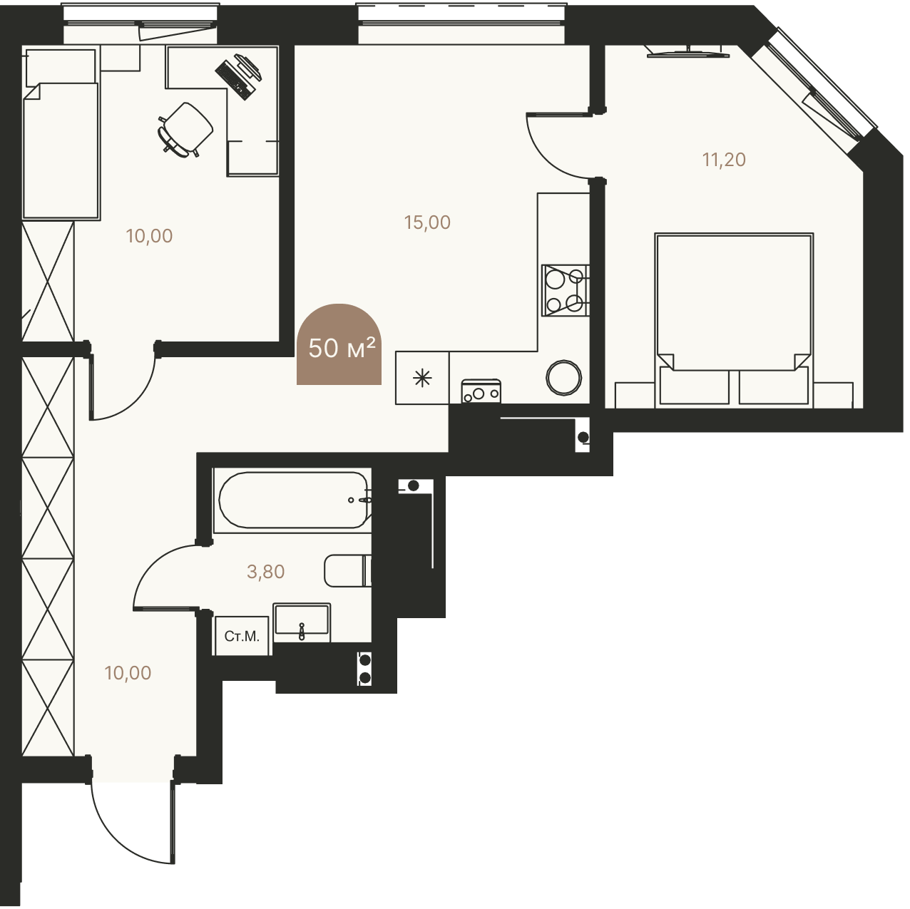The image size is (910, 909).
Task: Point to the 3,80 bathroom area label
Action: click(267, 572)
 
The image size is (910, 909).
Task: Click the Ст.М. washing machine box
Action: click(242, 637)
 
